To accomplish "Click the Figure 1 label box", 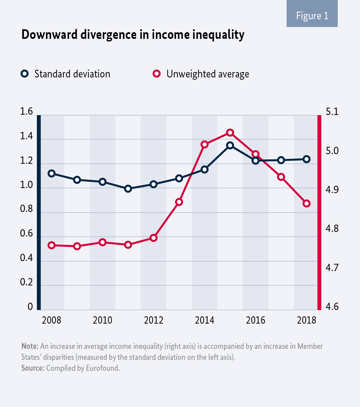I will coord(312,16).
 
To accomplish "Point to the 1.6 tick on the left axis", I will coord(27,112).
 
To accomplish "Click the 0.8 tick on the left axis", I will coord(27,209).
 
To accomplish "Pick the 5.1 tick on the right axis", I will coord(332,112).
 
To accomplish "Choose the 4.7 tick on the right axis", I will coord(332,267).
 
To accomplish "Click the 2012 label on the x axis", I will coord(153,320).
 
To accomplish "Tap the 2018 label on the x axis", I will coord(307,320).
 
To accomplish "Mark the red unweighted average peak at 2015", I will coord(230,133).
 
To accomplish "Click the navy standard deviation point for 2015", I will coord(230,145).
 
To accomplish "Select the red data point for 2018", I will coord(307,203).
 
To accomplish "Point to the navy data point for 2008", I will coord(51,173).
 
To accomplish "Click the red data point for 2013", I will coord(179,202).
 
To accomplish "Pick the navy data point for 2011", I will coord(128,189).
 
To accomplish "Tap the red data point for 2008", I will coord(51,245).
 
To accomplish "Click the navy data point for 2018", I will coord(307,159).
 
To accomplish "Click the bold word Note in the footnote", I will coord(29,346).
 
